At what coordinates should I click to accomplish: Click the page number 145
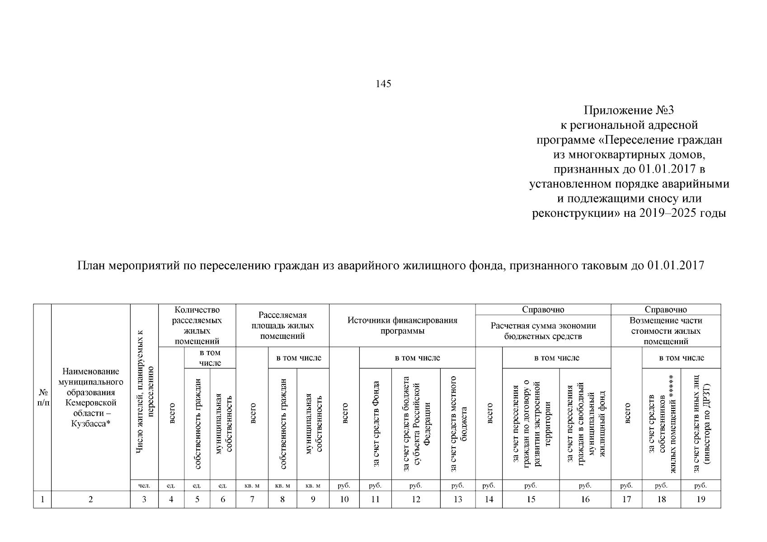click(383, 84)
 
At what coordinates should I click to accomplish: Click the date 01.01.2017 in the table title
click(675, 265)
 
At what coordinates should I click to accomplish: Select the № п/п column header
click(42, 397)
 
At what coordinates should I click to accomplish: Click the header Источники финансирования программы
click(402, 325)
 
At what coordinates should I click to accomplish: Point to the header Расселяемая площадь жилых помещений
click(282, 325)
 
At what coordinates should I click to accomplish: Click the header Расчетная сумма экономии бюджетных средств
click(543, 331)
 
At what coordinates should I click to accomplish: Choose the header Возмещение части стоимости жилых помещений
click(666, 331)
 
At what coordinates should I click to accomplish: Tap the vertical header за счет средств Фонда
click(376, 424)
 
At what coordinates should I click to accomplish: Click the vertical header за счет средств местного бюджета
click(458, 424)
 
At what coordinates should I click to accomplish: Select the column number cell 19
click(701, 499)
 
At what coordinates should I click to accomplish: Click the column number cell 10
click(344, 499)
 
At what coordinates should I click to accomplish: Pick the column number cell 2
click(91, 499)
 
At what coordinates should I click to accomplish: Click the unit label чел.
click(144, 486)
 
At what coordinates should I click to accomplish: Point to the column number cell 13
click(458, 499)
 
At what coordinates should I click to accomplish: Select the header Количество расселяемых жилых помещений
click(197, 325)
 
